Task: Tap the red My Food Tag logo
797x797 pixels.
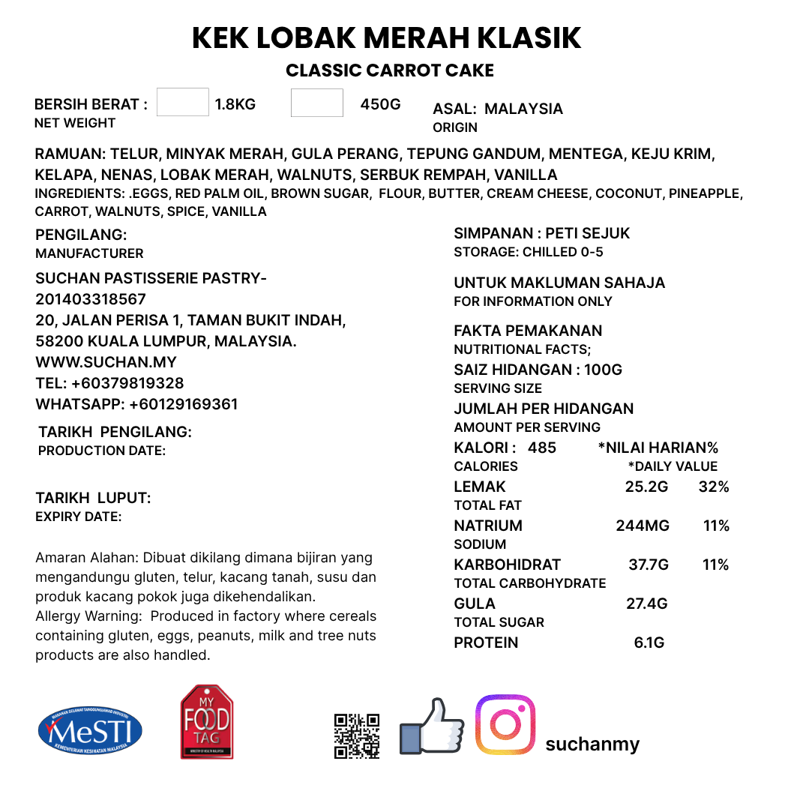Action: pyautogui.click(x=207, y=721)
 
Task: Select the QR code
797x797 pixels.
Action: pyautogui.click(x=356, y=736)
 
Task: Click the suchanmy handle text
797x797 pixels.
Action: pyautogui.click(x=592, y=744)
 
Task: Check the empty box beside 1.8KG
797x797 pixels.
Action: pyautogui.click(x=183, y=102)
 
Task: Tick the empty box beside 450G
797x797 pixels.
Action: pyautogui.click(x=317, y=103)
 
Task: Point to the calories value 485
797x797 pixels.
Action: pyautogui.click(x=542, y=448)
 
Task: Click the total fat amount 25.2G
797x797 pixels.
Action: pyautogui.click(x=646, y=487)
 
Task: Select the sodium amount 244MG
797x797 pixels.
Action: pyautogui.click(x=643, y=526)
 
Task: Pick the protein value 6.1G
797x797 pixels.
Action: pyautogui.click(x=649, y=643)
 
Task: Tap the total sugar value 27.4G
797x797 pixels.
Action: pyautogui.click(x=646, y=604)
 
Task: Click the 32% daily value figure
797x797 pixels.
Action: pyautogui.click(x=714, y=487)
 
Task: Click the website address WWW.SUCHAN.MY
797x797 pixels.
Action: pyautogui.click(x=106, y=362)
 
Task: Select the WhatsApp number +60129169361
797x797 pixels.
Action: pyautogui.click(x=183, y=404)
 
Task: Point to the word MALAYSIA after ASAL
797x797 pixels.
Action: pyautogui.click(x=523, y=109)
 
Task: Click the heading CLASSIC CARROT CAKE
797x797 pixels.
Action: pyautogui.click(x=390, y=71)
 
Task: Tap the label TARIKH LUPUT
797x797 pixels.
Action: pyautogui.click(x=94, y=498)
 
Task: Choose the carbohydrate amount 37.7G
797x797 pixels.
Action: pyautogui.click(x=649, y=565)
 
